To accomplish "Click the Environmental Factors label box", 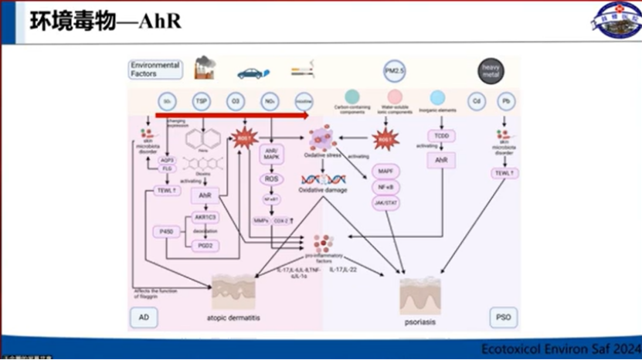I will click(x=155, y=70).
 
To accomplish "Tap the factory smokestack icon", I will click(x=205, y=68).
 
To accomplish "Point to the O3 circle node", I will click(x=235, y=101).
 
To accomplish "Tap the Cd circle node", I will click(x=474, y=101).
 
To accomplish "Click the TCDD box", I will click(x=441, y=137).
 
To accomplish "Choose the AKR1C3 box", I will click(x=206, y=218).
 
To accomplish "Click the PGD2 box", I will click(x=206, y=246).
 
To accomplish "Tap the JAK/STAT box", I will click(x=385, y=203).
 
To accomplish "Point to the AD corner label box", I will click(x=144, y=317).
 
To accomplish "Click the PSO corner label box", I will click(x=503, y=317).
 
